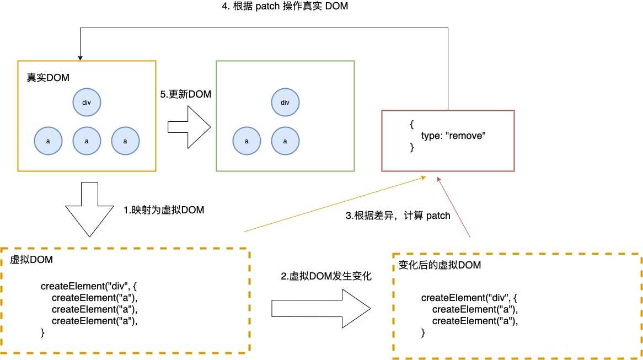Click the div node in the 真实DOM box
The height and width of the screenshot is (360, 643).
87,103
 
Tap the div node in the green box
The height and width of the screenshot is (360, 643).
285,103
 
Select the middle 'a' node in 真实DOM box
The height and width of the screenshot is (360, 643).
87,141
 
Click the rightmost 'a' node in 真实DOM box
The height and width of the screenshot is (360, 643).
125,141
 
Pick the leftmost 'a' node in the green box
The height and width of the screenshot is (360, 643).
246,141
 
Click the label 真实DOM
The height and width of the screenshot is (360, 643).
48,78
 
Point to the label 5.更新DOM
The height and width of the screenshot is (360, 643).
186,94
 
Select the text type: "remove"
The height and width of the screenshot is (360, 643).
453,136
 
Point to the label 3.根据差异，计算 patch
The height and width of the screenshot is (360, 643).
398,216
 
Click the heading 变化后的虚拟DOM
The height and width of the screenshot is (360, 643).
440,265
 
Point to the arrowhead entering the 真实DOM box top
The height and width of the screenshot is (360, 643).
80,57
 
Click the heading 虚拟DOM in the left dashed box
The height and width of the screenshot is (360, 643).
31,260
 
